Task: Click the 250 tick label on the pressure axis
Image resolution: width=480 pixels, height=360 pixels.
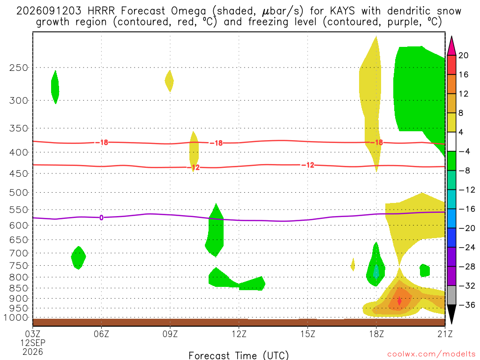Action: pyautogui.click(x=18, y=67)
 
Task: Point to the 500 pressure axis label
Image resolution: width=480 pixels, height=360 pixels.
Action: pyautogui.click(x=18, y=193)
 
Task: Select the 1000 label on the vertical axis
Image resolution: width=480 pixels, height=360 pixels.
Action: pyautogui.click(x=16, y=318)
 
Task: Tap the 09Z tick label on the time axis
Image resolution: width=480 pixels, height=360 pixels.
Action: pyautogui.click(x=170, y=334)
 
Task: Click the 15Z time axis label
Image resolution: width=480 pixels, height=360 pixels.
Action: pyautogui.click(x=307, y=334)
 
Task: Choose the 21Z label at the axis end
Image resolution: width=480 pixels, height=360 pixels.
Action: pyautogui.click(x=445, y=334)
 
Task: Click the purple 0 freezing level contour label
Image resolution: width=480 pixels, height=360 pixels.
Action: pyautogui.click(x=101, y=217)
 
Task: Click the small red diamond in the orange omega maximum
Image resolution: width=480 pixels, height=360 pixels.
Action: pyautogui.click(x=399, y=300)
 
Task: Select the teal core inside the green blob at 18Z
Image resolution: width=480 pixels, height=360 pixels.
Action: pyautogui.click(x=376, y=271)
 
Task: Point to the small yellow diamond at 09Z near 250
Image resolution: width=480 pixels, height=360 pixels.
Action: pyautogui.click(x=169, y=81)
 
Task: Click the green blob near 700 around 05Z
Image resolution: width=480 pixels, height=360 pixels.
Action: pyautogui.click(x=78, y=257)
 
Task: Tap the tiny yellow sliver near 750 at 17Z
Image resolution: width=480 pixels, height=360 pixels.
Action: pyautogui.click(x=352, y=264)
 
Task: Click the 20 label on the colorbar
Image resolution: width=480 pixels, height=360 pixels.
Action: pyautogui.click(x=463, y=55)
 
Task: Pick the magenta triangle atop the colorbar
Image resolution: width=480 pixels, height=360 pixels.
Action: pyautogui.click(x=451, y=45)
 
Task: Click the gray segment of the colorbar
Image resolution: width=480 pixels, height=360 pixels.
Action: pyautogui.click(x=451, y=295)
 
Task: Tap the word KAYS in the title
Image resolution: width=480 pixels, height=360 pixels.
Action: pyautogui.click(x=342, y=11)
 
